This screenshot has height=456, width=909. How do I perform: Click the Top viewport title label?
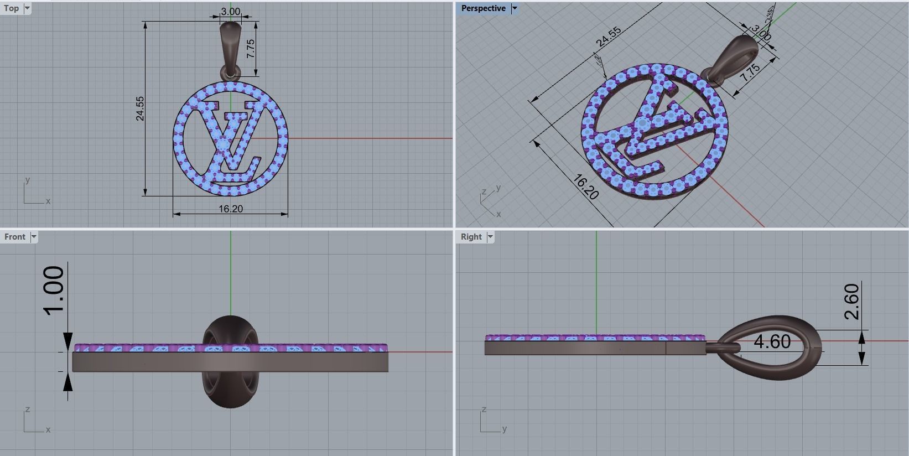(11, 8)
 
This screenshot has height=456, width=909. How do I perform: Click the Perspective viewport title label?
(483, 8)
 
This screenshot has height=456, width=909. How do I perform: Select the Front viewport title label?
(15, 237)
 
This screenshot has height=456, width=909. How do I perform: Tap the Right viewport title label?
(471, 237)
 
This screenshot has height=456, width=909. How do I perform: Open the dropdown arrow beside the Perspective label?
(515, 8)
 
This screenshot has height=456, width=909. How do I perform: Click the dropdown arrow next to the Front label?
(34, 237)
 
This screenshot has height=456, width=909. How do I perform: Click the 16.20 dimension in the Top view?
(230, 209)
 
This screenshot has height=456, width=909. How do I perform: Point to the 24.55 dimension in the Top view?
(140, 108)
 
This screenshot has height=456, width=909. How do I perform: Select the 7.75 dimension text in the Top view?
(251, 49)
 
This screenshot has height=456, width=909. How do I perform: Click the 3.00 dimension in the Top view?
(230, 12)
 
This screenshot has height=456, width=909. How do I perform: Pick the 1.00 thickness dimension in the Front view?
(55, 290)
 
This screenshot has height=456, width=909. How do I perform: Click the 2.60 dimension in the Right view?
(852, 302)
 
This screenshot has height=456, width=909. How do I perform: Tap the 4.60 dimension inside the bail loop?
(772, 342)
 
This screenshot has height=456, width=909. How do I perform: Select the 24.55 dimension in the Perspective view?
(608, 37)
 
